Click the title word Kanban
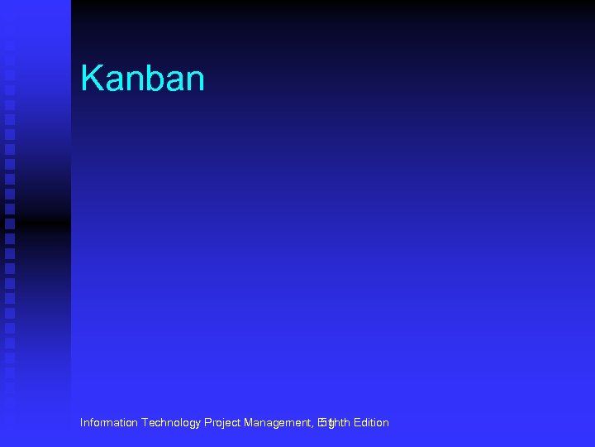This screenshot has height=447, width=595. (x=142, y=79)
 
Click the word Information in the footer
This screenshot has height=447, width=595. (x=109, y=423)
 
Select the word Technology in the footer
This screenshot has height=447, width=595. (x=170, y=423)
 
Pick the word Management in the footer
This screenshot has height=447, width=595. (x=277, y=423)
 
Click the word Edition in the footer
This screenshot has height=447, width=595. (x=371, y=423)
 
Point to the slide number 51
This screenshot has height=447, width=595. (x=326, y=424)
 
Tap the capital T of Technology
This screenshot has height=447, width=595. (x=145, y=423)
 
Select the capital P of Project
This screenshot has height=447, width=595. (x=207, y=423)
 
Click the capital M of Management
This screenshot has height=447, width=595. (x=249, y=423)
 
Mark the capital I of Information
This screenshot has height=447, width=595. (x=82, y=423)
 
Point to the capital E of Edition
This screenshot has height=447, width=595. (x=356, y=423)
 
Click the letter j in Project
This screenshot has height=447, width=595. (x=221, y=424)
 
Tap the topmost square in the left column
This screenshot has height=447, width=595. (x=9, y=46)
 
